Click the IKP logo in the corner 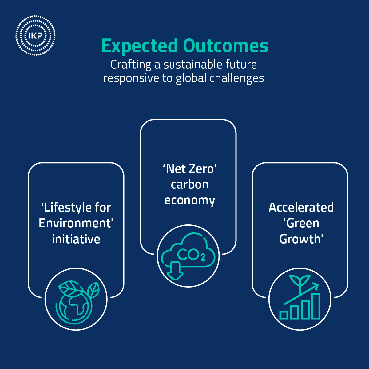[x=35, y=36]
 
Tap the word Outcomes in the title [x=226, y=46]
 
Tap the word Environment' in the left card [x=76, y=223]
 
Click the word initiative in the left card [x=76, y=239]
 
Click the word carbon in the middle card [x=189, y=184]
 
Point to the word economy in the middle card [x=189, y=200]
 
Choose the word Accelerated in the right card [x=301, y=208]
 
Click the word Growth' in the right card [x=301, y=239]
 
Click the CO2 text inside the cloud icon [x=191, y=255]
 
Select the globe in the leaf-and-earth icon [x=74, y=306]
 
